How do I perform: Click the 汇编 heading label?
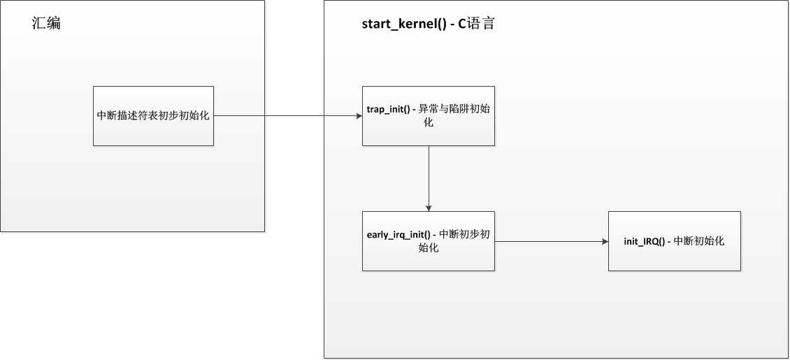46,23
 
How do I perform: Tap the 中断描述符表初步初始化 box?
153,116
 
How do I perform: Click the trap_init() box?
429,116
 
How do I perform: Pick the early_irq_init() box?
429,241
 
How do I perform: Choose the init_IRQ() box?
675,241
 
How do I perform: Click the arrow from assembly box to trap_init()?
287,116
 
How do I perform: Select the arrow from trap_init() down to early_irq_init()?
429,179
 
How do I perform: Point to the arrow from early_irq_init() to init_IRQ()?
552,241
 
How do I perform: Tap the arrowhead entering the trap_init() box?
359,116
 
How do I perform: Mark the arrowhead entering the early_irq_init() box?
429,208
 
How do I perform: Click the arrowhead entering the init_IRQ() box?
605,241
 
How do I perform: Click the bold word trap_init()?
389,109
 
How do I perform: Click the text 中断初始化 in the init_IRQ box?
699,241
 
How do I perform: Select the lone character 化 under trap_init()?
429,122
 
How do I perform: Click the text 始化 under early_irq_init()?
429,247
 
